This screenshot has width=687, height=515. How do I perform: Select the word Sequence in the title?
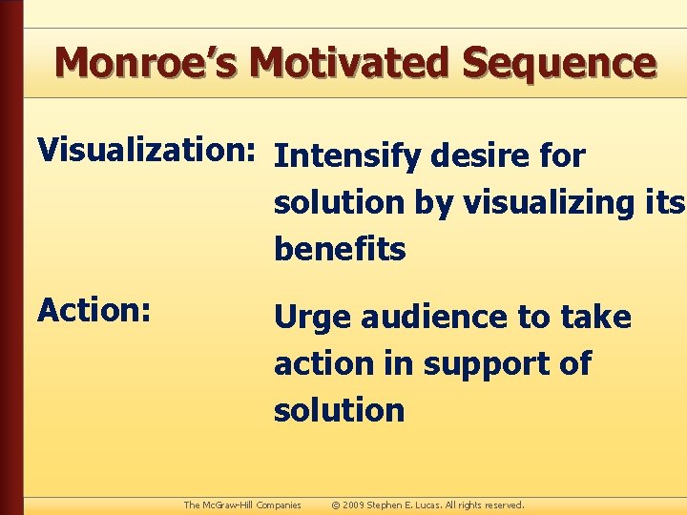tap(559, 62)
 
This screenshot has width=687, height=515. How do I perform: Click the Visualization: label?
tap(145, 151)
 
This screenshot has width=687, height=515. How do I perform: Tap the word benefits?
tap(340, 249)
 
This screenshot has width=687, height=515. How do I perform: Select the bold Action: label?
tap(93, 309)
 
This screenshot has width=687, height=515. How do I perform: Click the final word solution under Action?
tap(339, 410)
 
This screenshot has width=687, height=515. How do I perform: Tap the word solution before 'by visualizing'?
tap(339, 202)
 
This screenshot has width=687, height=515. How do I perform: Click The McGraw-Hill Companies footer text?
tap(242, 505)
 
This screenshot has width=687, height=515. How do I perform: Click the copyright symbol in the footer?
tap(336, 505)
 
